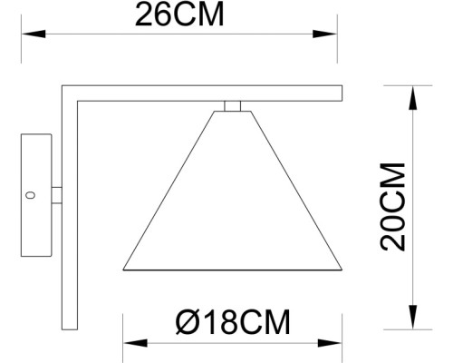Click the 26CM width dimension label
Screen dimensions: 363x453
click(178, 15)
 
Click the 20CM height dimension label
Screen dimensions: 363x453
click(392, 207)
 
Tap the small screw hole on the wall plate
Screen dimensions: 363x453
click(32, 194)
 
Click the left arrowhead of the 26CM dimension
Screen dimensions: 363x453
click(27, 34)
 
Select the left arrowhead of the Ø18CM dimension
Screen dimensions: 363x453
click(128, 344)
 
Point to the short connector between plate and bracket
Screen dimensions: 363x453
click(56, 195)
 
